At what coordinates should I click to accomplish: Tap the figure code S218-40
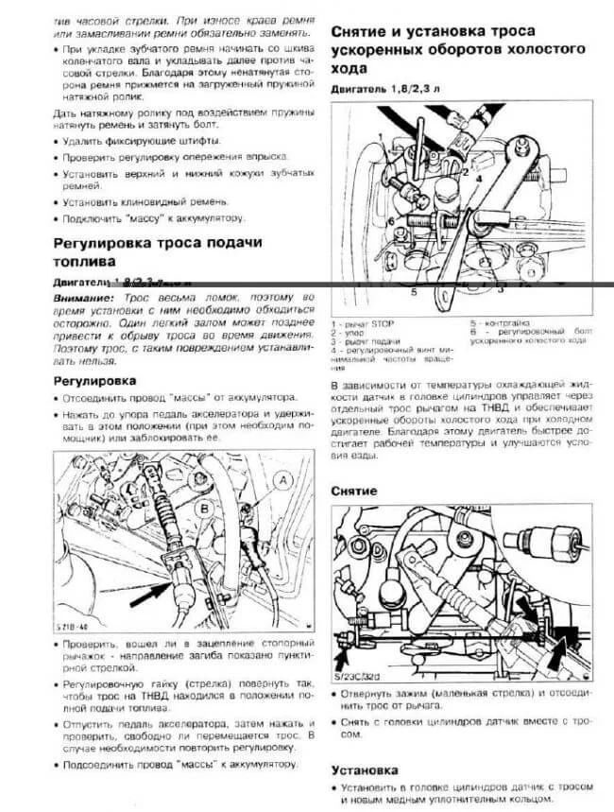tap(75, 627)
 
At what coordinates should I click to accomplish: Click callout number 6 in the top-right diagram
tap(389, 220)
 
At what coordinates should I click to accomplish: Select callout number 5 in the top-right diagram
tap(412, 293)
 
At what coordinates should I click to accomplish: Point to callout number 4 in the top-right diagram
tap(479, 176)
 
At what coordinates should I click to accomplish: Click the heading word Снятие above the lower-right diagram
tap(354, 492)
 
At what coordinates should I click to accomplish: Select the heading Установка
tap(365, 769)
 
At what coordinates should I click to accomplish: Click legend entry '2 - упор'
tap(349, 333)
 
